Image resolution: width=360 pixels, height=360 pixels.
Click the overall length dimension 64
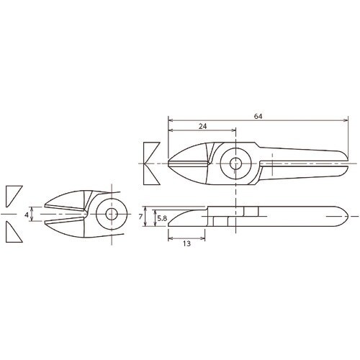[x=257, y=115]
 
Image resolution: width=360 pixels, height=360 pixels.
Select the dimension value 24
[x=203, y=127]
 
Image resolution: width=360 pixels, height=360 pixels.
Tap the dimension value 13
[x=186, y=243]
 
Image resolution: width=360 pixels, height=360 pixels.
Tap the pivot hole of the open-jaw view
[x=109, y=215]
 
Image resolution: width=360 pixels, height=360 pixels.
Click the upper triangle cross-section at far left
[x=13, y=194]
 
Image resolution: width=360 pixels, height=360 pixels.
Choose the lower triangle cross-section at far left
[x=13, y=233]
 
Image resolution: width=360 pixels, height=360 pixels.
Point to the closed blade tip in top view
[x=170, y=164]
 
